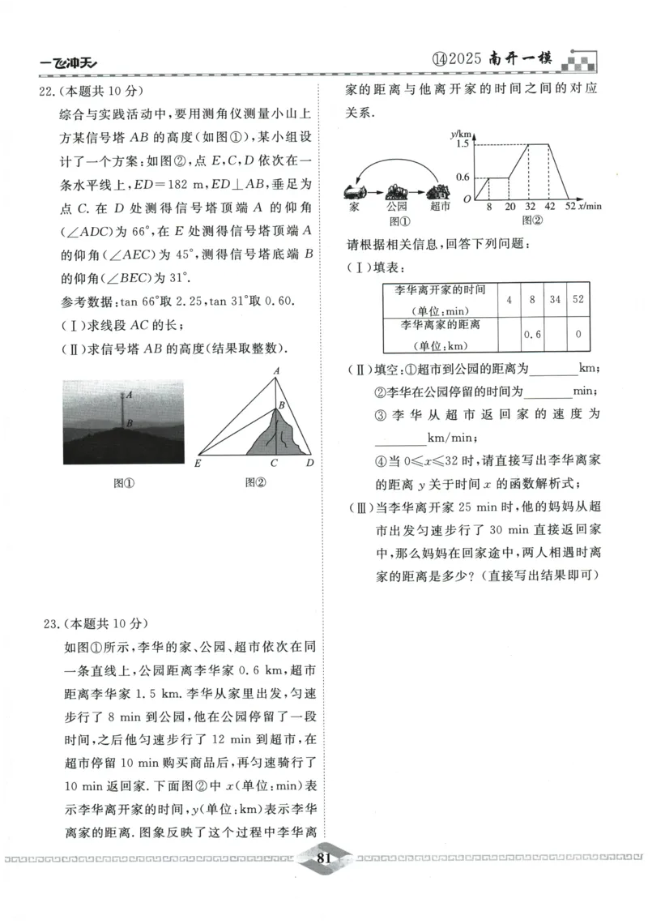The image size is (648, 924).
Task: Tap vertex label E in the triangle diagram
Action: (198, 464)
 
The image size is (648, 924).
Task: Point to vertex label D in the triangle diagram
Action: (309, 464)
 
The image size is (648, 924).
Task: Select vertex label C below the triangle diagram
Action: (275, 464)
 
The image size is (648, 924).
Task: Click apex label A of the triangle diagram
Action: (276, 370)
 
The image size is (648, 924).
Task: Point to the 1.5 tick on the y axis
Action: (463, 143)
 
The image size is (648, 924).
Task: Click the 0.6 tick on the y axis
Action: (463, 177)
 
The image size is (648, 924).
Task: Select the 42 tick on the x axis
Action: (551, 207)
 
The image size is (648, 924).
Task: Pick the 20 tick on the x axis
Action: (509, 207)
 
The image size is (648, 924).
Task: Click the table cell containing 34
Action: (554, 300)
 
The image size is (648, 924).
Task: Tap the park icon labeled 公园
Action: (397, 193)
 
